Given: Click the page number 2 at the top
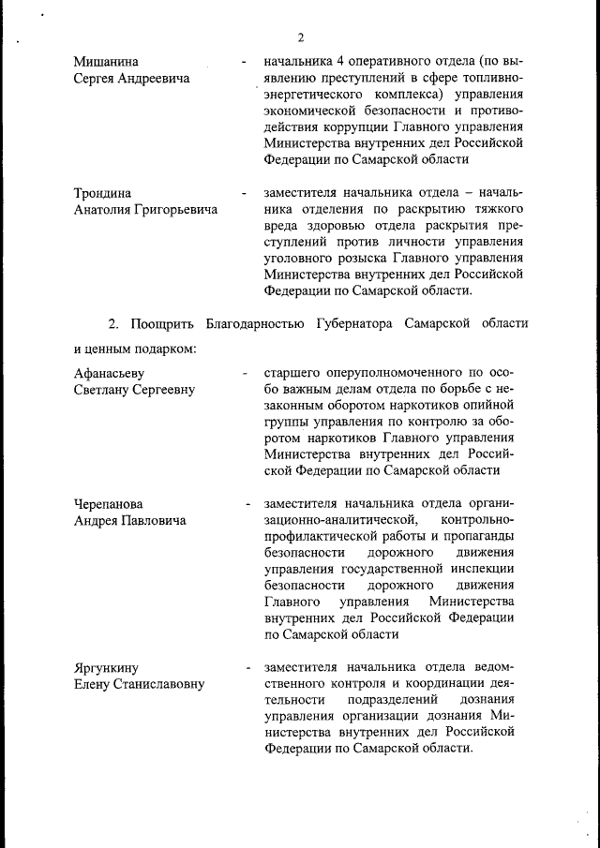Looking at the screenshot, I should point(301,37).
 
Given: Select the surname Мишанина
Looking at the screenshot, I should point(108,63).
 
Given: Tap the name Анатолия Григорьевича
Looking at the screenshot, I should point(145,209).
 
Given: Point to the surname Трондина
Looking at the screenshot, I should point(103,193).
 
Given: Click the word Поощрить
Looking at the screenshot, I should point(163,324).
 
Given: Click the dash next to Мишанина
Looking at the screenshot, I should point(243,63).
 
